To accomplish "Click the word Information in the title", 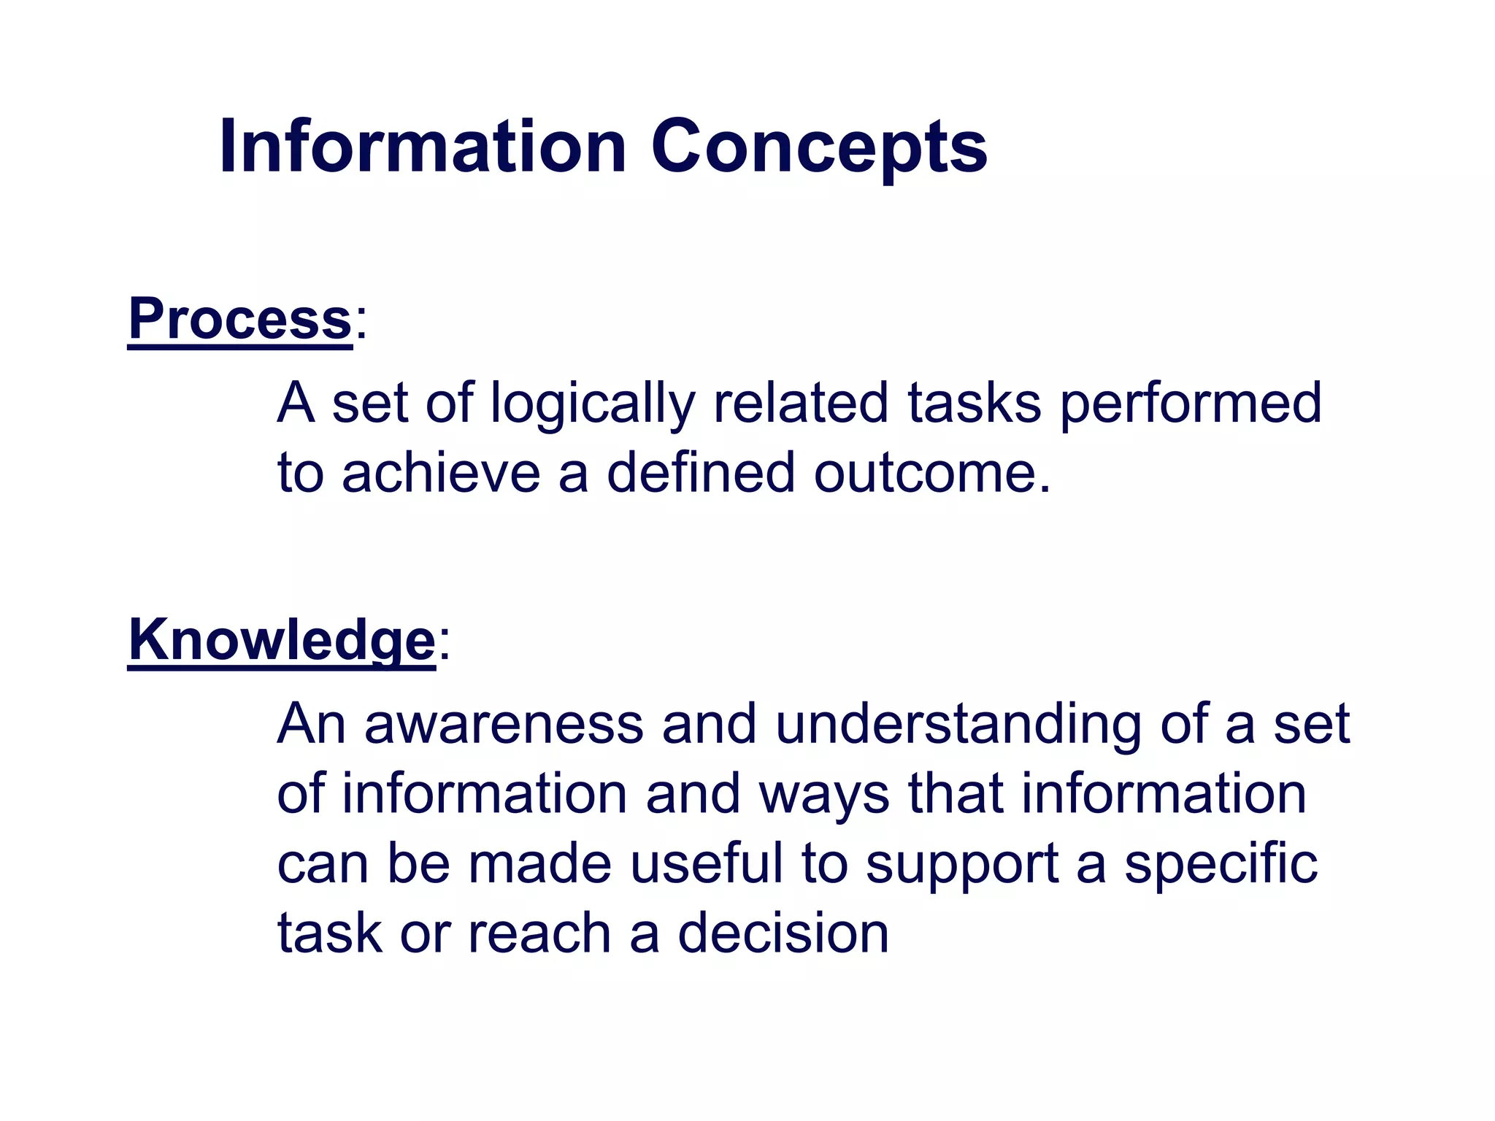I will click(422, 147).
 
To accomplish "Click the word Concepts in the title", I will click(818, 147).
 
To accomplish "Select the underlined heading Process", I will click(239, 319).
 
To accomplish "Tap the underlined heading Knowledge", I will click(282, 640).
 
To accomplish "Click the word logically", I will click(592, 403).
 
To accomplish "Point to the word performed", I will click(1190, 403).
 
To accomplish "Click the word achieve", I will click(441, 473).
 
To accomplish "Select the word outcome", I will click(931, 473).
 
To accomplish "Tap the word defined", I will click(700, 473).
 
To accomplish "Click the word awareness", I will click(504, 724).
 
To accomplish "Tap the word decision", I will click(783, 933).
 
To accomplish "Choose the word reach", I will click(539, 933).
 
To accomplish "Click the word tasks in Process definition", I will click(974, 403).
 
